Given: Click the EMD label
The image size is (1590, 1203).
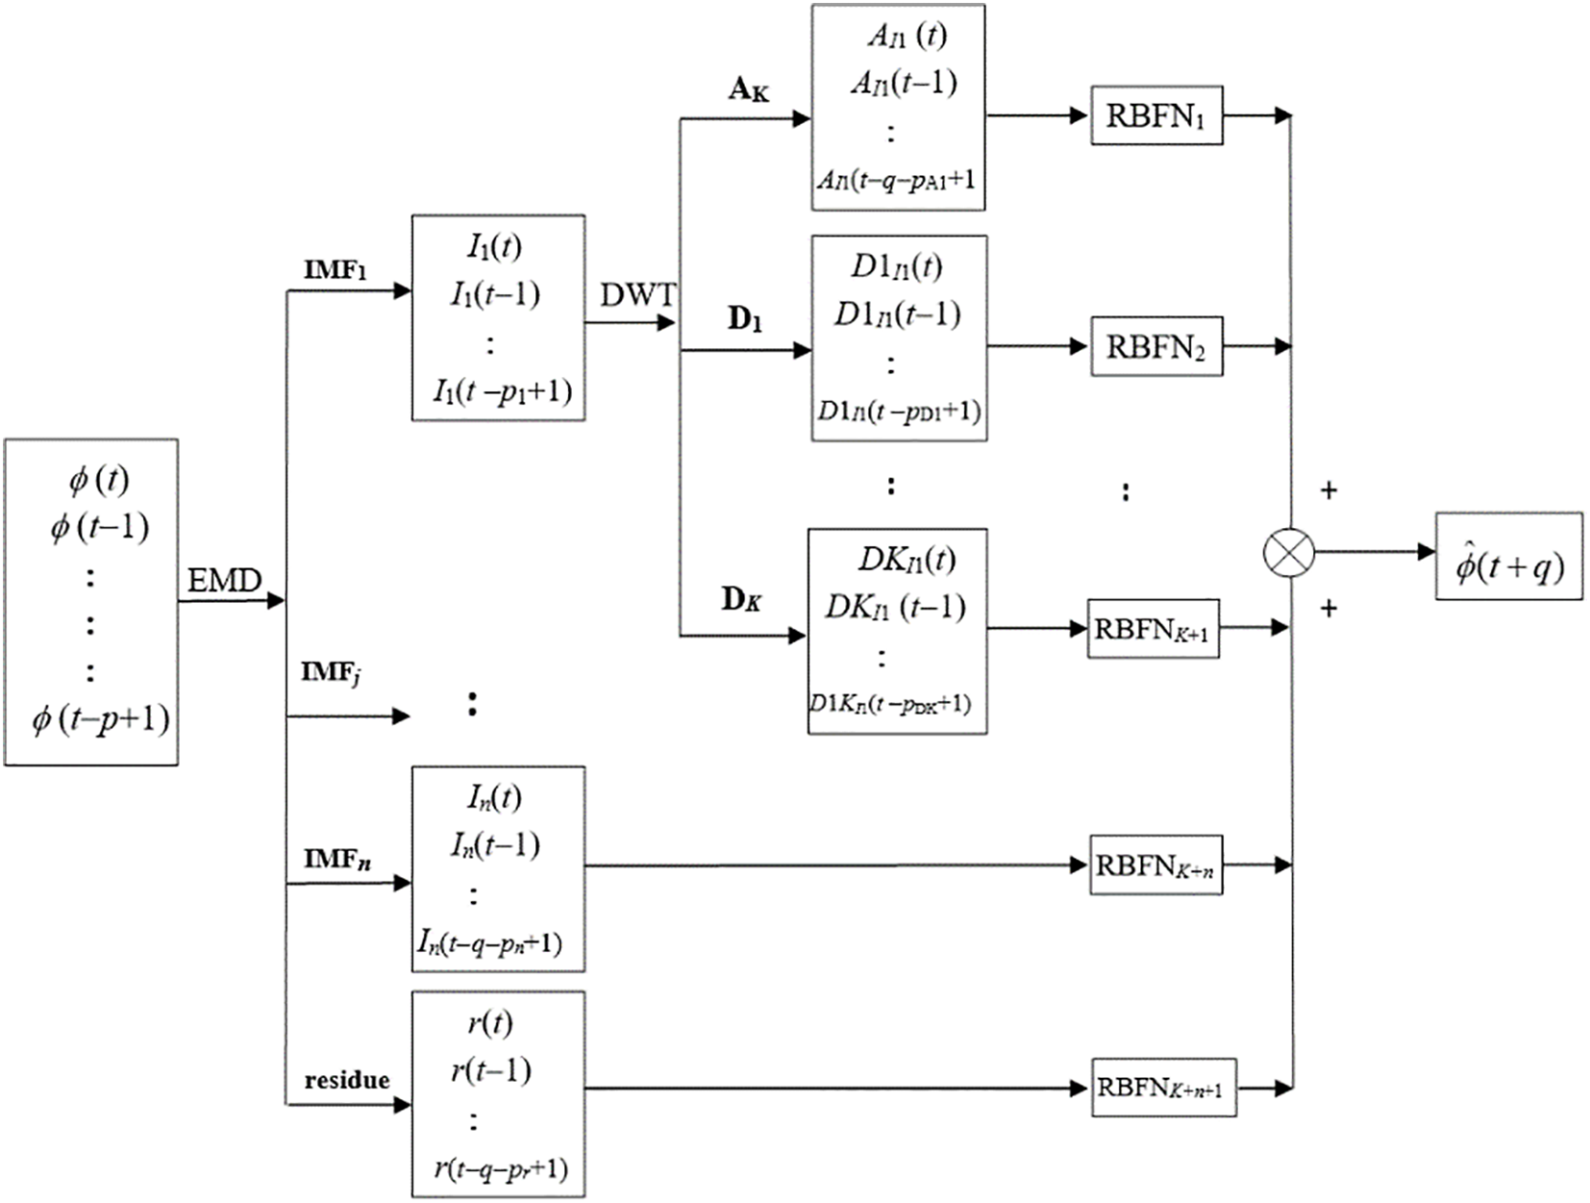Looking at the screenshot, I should point(224,581).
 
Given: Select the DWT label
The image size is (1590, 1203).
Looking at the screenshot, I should point(636,295).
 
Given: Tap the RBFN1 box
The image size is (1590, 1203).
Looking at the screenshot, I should point(1155,115).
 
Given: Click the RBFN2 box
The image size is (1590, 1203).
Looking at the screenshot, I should point(1155,346).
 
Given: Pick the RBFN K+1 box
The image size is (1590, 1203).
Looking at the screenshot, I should point(1153,630).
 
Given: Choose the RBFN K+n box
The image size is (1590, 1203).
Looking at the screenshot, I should point(1155,865).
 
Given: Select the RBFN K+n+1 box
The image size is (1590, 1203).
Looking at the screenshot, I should point(1162,1089).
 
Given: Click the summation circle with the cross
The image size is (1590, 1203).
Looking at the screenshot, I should point(1288,553).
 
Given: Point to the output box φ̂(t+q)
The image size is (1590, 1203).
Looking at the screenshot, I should point(1508,557).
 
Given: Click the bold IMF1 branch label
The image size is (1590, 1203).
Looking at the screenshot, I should point(335,270).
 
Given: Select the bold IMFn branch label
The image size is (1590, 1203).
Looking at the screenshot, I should point(337,858).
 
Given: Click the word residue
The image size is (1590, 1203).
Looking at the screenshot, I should point(347,1080).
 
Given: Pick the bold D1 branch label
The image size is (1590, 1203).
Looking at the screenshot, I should point(744,319).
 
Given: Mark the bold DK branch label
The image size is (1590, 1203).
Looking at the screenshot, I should point(741,600).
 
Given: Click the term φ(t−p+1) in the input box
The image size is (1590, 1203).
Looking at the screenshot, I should point(101,719).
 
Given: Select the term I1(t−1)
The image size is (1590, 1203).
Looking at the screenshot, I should point(495,294).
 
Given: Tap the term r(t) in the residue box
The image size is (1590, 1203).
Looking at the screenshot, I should point(490,1022).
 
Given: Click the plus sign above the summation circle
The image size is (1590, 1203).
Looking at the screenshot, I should point(1329,491).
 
